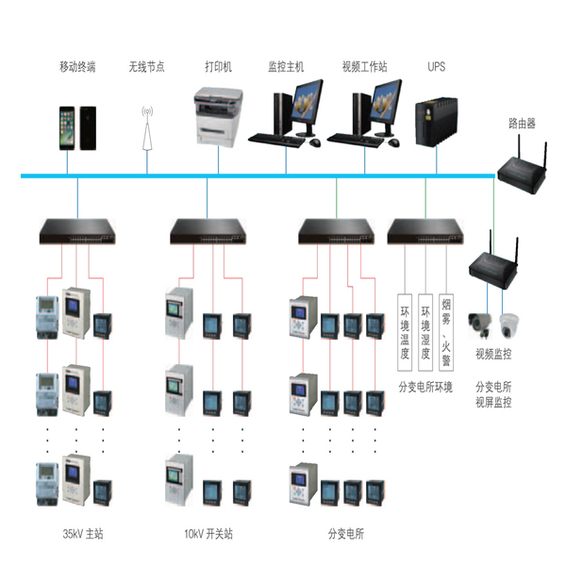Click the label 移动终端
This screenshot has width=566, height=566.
click(77, 68)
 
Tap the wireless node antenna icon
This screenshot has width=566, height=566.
click(147, 127)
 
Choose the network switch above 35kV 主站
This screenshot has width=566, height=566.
click(77, 228)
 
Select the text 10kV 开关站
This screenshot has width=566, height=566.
click(208, 534)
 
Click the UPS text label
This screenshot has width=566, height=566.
click(436, 68)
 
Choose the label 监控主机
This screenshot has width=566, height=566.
click(286, 68)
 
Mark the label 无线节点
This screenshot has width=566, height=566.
click(147, 68)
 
